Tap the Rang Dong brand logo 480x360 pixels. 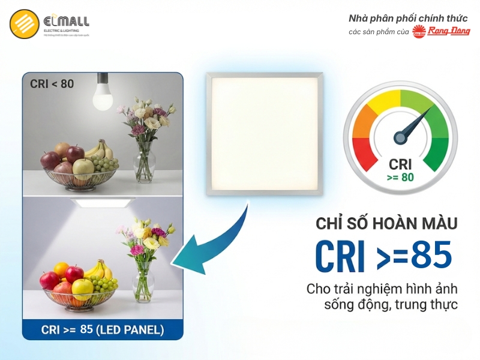[x=448, y=31]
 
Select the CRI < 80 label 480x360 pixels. [x=52, y=84]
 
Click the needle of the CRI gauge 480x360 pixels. [x=414, y=124]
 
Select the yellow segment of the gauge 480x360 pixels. [x=383, y=103]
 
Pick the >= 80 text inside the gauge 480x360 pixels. [x=400, y=178]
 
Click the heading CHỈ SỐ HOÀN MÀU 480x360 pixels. [x=386, y=224]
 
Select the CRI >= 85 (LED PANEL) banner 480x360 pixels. [x=102, y=329]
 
